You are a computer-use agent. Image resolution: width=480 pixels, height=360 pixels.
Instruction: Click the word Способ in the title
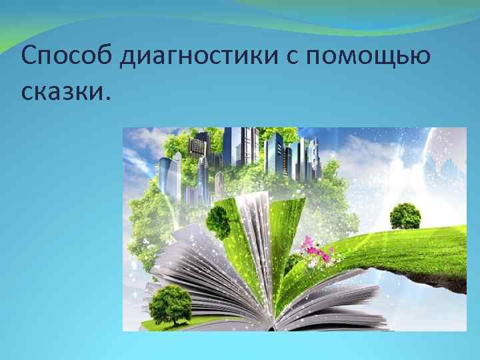coord(67,58)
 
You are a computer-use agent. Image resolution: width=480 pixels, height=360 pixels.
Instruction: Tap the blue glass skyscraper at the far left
coord(169,177)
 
